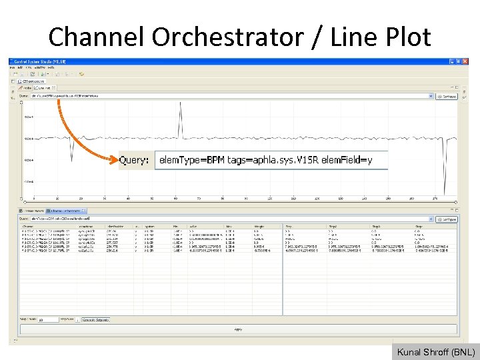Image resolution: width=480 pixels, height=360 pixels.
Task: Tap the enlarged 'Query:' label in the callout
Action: coord(134,161)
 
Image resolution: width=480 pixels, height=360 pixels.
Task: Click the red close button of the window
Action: coord(465,61)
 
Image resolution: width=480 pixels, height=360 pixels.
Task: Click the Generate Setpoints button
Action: coord(96,320)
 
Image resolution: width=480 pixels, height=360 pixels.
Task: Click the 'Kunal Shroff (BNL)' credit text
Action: coord(436,352)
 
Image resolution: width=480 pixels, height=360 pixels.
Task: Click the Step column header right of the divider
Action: coord(289,227)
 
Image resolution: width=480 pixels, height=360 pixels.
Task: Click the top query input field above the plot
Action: coord(227,96)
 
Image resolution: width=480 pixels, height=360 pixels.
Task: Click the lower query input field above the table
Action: coord(227,219)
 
